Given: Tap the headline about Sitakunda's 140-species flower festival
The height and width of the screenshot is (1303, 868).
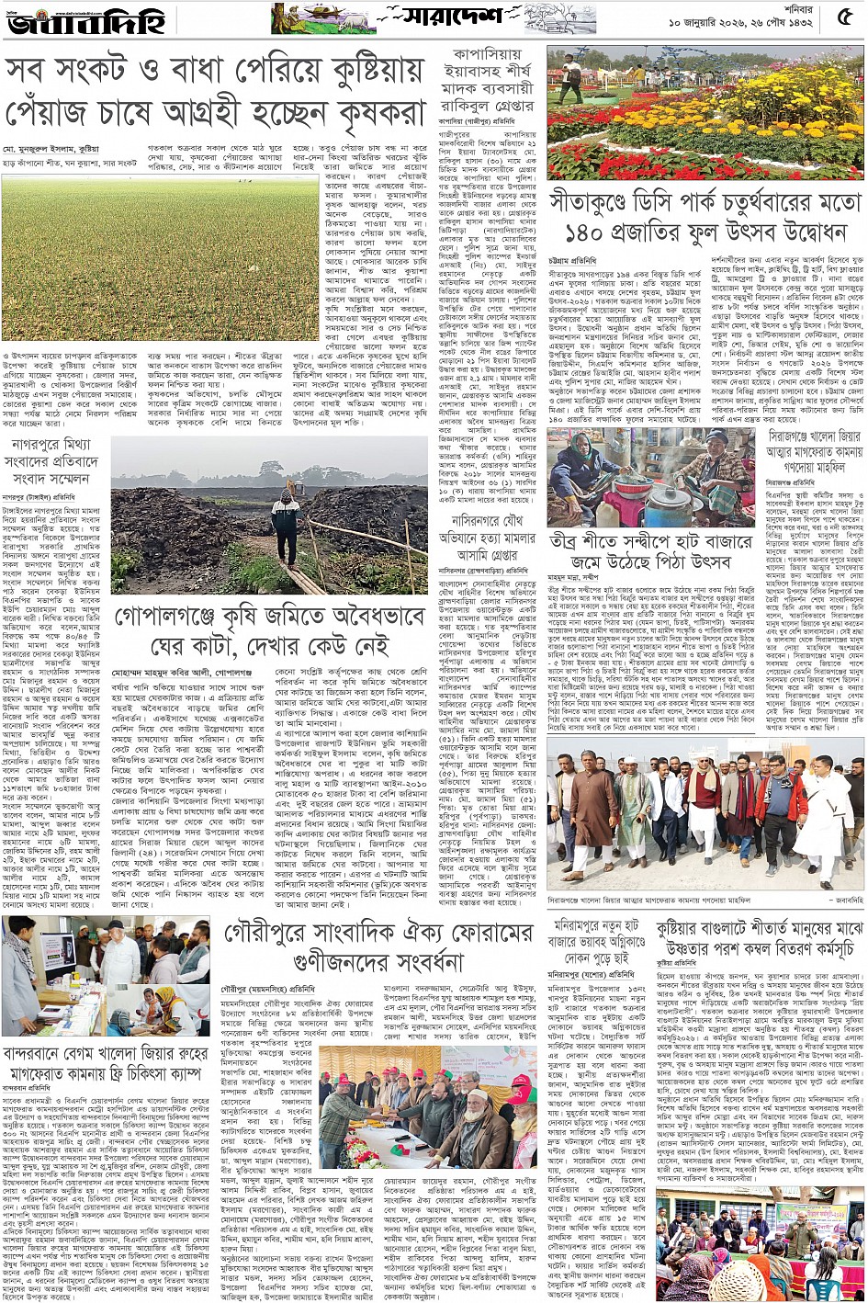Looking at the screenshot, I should pyautogui.click(x=705, y=215).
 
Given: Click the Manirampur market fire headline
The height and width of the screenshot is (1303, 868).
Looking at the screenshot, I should pyautogui.click(x=597, y=939).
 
